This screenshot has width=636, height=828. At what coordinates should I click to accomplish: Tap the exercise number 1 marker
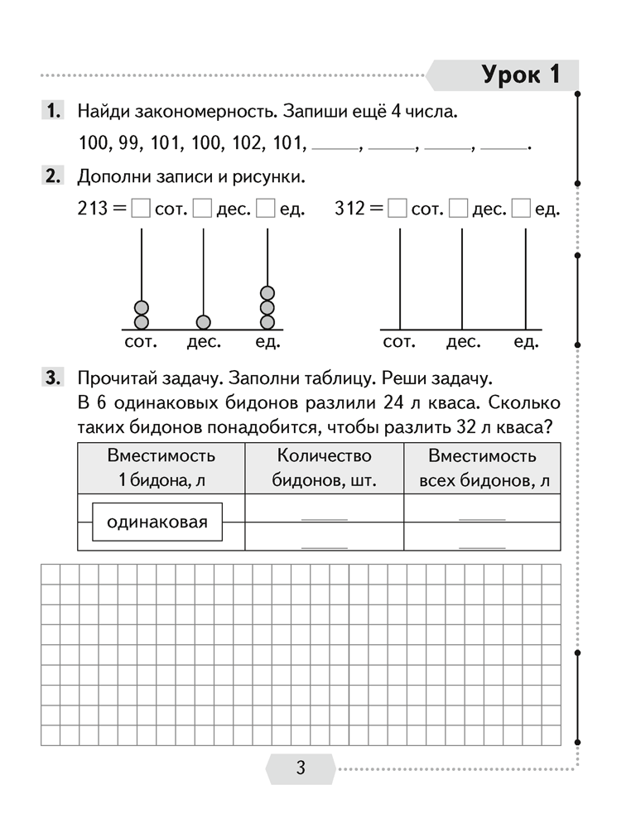point(51,111)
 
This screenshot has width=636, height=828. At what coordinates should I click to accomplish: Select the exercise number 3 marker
point(51,379)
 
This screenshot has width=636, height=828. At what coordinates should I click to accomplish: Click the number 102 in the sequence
point(239,142)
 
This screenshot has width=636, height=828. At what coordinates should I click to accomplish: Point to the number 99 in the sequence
point(130,142)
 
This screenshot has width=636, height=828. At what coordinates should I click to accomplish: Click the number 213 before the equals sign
point(93,209)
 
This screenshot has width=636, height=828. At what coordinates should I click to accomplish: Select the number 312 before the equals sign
point(350,209)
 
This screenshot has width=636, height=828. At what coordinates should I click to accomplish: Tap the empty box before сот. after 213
point(141,209)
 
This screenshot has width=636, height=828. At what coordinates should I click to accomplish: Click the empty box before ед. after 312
point(522,209)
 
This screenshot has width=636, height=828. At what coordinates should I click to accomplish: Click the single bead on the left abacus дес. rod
point(204,321)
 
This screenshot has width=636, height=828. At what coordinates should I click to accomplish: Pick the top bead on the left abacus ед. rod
point(267,293)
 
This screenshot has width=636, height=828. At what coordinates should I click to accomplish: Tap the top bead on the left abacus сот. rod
point(142,307)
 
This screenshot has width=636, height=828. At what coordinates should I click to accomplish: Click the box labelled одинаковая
point(157,522)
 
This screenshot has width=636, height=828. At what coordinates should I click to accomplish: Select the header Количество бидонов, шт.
point(324,469)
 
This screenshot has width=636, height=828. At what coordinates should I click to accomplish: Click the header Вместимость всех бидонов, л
point(482,469)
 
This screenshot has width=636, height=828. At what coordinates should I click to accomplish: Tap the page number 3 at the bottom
point(301,768)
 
